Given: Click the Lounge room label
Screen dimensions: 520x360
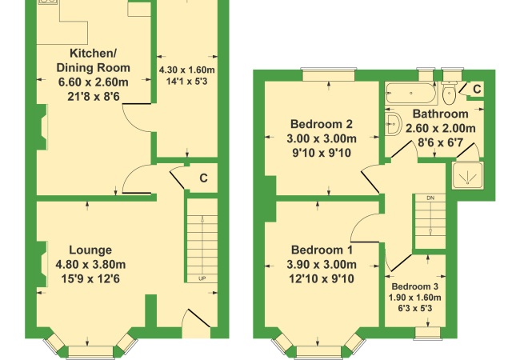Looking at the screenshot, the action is [x=90, y=250].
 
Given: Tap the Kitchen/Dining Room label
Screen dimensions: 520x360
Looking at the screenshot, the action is [x=93, y=60].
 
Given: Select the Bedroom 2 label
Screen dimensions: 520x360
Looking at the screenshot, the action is [x=322, y=124].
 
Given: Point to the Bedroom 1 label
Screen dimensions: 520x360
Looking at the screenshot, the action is [x=322, y=250].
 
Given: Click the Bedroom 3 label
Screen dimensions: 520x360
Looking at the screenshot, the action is [x=415, y=286].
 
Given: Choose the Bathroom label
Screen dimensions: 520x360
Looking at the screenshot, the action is [x=441, y=114].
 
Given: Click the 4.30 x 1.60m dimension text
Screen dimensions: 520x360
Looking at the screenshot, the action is [x=187, y=70].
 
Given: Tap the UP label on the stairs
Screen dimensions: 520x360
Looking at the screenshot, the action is [x=202, y=278].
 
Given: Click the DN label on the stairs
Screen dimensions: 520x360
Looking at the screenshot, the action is [x=430, y=198].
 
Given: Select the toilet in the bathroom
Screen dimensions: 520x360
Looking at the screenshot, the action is [x=449, y=93].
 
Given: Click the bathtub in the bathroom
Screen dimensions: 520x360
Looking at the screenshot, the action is [x=410, y=93].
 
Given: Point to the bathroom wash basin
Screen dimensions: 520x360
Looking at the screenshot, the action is [x=393, y=124].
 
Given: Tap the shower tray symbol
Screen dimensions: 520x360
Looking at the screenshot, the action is [x=468, y=176].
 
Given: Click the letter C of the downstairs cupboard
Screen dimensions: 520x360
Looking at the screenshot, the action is [x=203, y=178].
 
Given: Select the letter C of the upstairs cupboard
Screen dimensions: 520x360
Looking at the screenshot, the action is [x=477, y=89].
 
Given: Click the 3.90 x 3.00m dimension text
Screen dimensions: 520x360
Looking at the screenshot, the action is [x=322, y=265].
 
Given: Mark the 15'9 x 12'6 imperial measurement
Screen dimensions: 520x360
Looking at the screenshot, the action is [x=90, y=278].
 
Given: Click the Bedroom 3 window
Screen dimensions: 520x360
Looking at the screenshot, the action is [x=428, y=333].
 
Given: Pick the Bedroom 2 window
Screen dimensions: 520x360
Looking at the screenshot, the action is [x=329, y=74].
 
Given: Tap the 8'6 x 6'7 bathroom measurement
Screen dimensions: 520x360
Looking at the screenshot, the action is [x=441, y=143].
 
